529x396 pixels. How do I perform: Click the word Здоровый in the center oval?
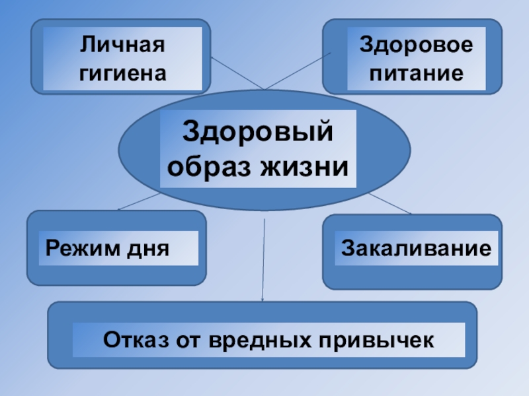258,131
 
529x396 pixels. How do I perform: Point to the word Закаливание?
417,248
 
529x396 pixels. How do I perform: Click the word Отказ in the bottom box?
136,341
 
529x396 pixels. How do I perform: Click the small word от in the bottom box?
189,341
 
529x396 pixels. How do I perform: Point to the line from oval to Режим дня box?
139,201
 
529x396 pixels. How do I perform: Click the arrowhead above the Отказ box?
263,300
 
